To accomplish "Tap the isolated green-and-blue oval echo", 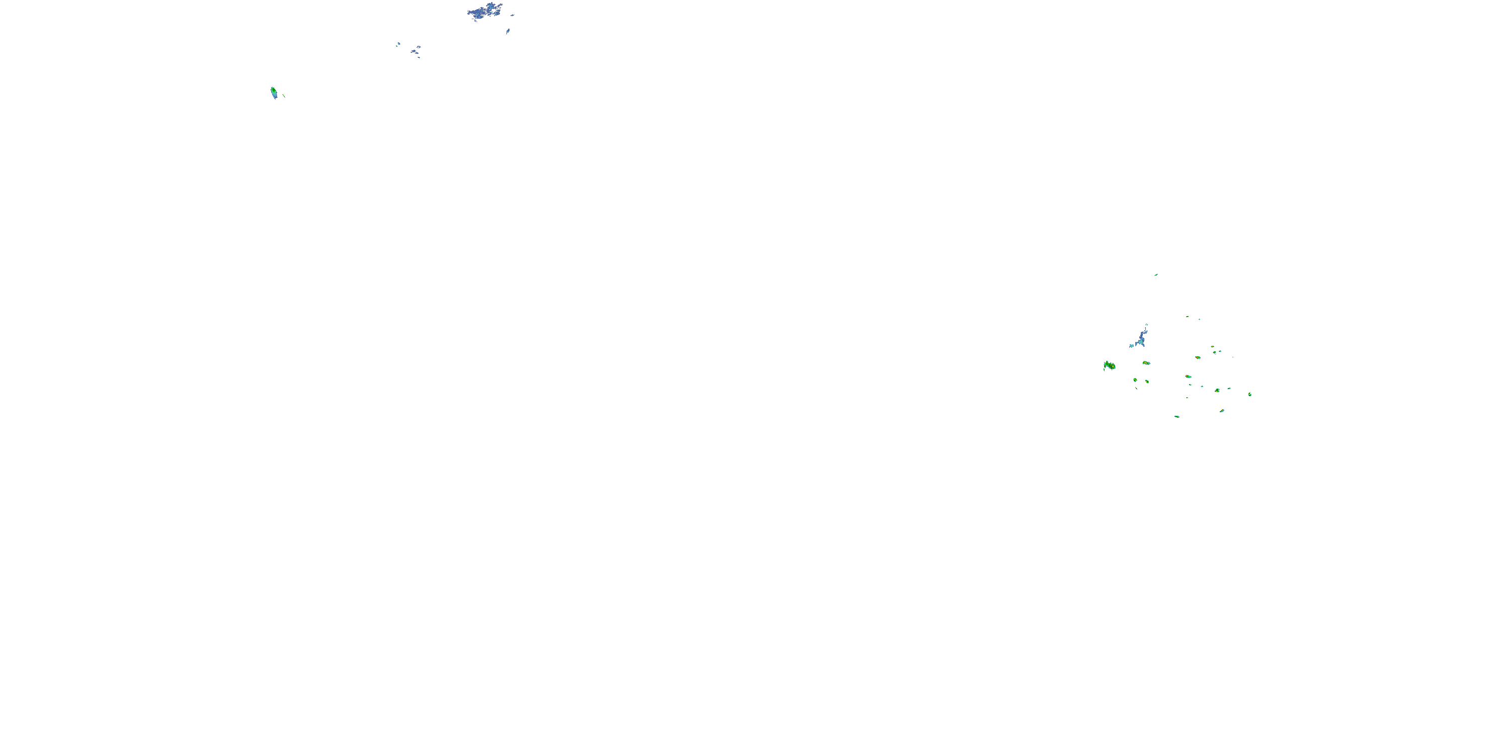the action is coord(274,92).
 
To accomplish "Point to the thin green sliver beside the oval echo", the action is coord(284,96).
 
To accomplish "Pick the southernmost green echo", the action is coord(1177,417).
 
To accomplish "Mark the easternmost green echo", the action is coord(1249,395).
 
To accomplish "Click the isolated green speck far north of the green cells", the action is coord(1156,274).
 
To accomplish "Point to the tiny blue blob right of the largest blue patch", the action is coord(512,15).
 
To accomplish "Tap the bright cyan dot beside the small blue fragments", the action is coord(398,43).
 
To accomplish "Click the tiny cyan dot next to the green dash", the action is coord(1199,320).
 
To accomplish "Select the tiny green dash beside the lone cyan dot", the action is coord(1188,317).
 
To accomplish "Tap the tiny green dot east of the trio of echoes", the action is coord(1232,357).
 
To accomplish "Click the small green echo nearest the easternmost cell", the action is coord(1228,389).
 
